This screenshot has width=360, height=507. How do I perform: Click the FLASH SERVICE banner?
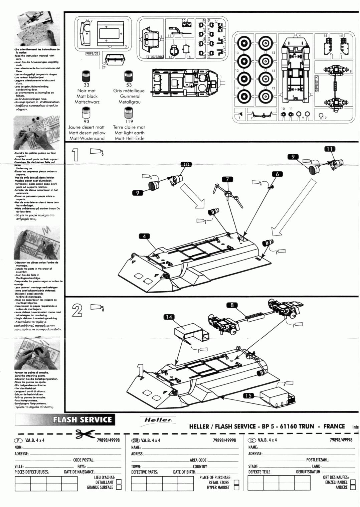click(x=82, y=420)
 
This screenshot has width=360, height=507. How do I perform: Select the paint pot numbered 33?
click(x=86, y=76)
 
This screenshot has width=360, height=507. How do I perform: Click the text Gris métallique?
click(x=129, y=91)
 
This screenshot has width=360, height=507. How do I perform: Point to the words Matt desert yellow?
click(x=86, y=133)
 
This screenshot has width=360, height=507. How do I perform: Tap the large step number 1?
click(x=76, y=155)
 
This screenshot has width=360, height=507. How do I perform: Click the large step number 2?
click(x=77, y=310)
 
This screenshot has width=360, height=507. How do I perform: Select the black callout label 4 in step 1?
click(x=145, y=236)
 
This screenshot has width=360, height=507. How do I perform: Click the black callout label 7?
click(x=228, y=179)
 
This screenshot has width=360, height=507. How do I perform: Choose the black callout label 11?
click(x=330, y=149)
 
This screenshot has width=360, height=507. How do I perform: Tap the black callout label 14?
click(x=170, y=317)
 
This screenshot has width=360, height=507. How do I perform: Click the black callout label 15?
click(x=248, y=396)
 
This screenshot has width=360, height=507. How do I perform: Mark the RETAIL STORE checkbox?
click(x=236, y=482)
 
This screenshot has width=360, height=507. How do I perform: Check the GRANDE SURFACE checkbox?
click(x=119, y=487)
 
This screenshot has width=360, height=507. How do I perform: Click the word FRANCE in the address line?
click(x=334, y=426)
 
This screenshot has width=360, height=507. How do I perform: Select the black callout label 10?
click(x=186, y=164)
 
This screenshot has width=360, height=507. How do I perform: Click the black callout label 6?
click(x=277, y=174)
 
